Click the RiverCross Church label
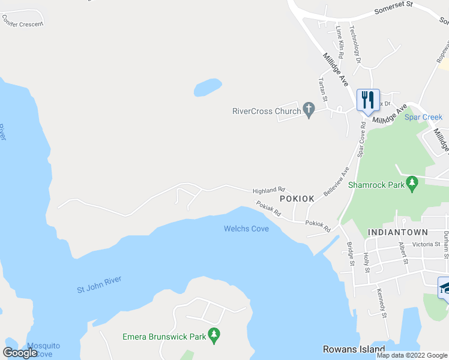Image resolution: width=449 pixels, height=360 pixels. coord(266,111)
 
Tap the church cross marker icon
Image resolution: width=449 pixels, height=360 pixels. coord(309,110)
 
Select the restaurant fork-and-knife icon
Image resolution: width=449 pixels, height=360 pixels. coord(367,99)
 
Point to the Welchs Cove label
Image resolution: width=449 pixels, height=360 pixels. coord(246,229)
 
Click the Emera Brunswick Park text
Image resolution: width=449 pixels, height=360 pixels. coord(164,337)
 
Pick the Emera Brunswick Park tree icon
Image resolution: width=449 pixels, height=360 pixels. coord(212,335)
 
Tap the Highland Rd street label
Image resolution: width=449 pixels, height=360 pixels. coord(268,190)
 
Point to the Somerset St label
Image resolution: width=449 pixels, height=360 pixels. coord(394,11)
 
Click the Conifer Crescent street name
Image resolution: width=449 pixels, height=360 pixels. coord(23,24)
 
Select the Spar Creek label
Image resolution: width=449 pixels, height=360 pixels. coord(423,118)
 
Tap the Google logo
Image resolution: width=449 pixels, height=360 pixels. coord(20,353)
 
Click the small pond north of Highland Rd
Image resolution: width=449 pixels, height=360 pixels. coord(208,88)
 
